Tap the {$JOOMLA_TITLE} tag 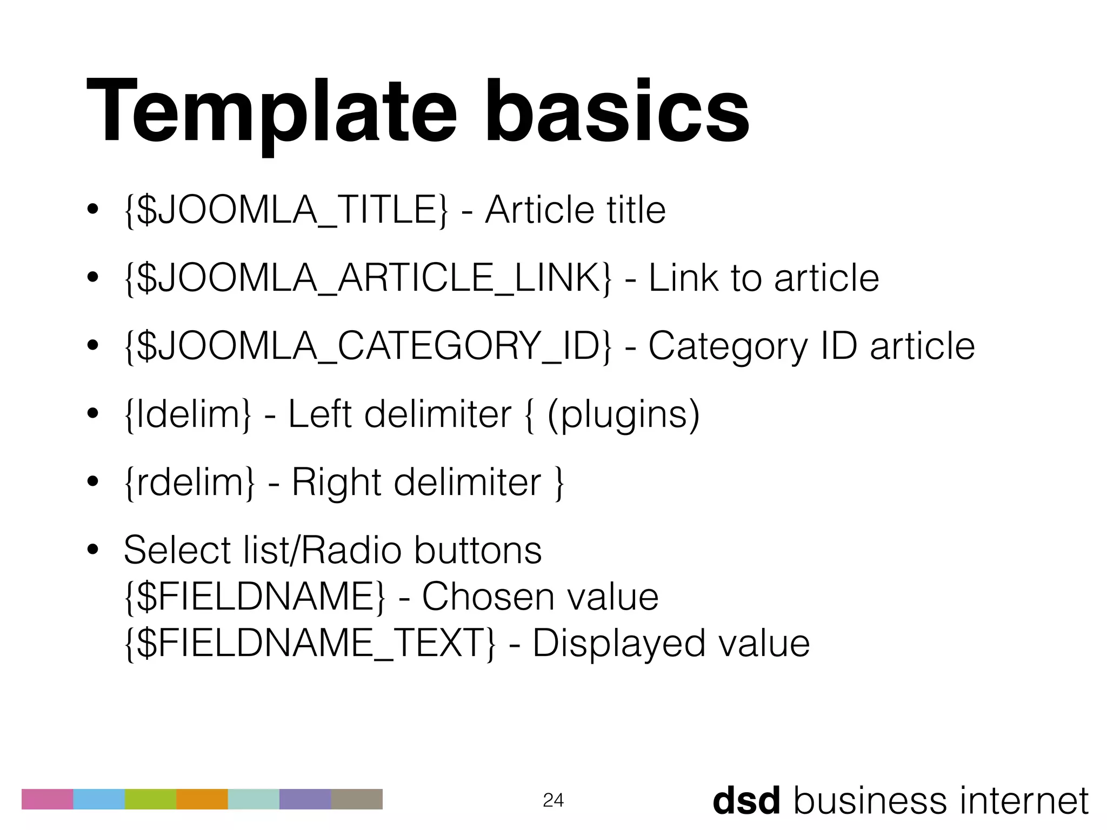(286, 210)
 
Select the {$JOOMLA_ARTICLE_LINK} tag (368, 278)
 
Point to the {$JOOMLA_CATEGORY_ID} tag (368, 346)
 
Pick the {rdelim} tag (189, 483)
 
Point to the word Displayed (619, 644)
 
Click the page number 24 (553, 800)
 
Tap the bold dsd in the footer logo (746, 800)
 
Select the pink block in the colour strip (47, 799)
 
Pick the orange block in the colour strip (202, 799)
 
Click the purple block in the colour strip (305, 799)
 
